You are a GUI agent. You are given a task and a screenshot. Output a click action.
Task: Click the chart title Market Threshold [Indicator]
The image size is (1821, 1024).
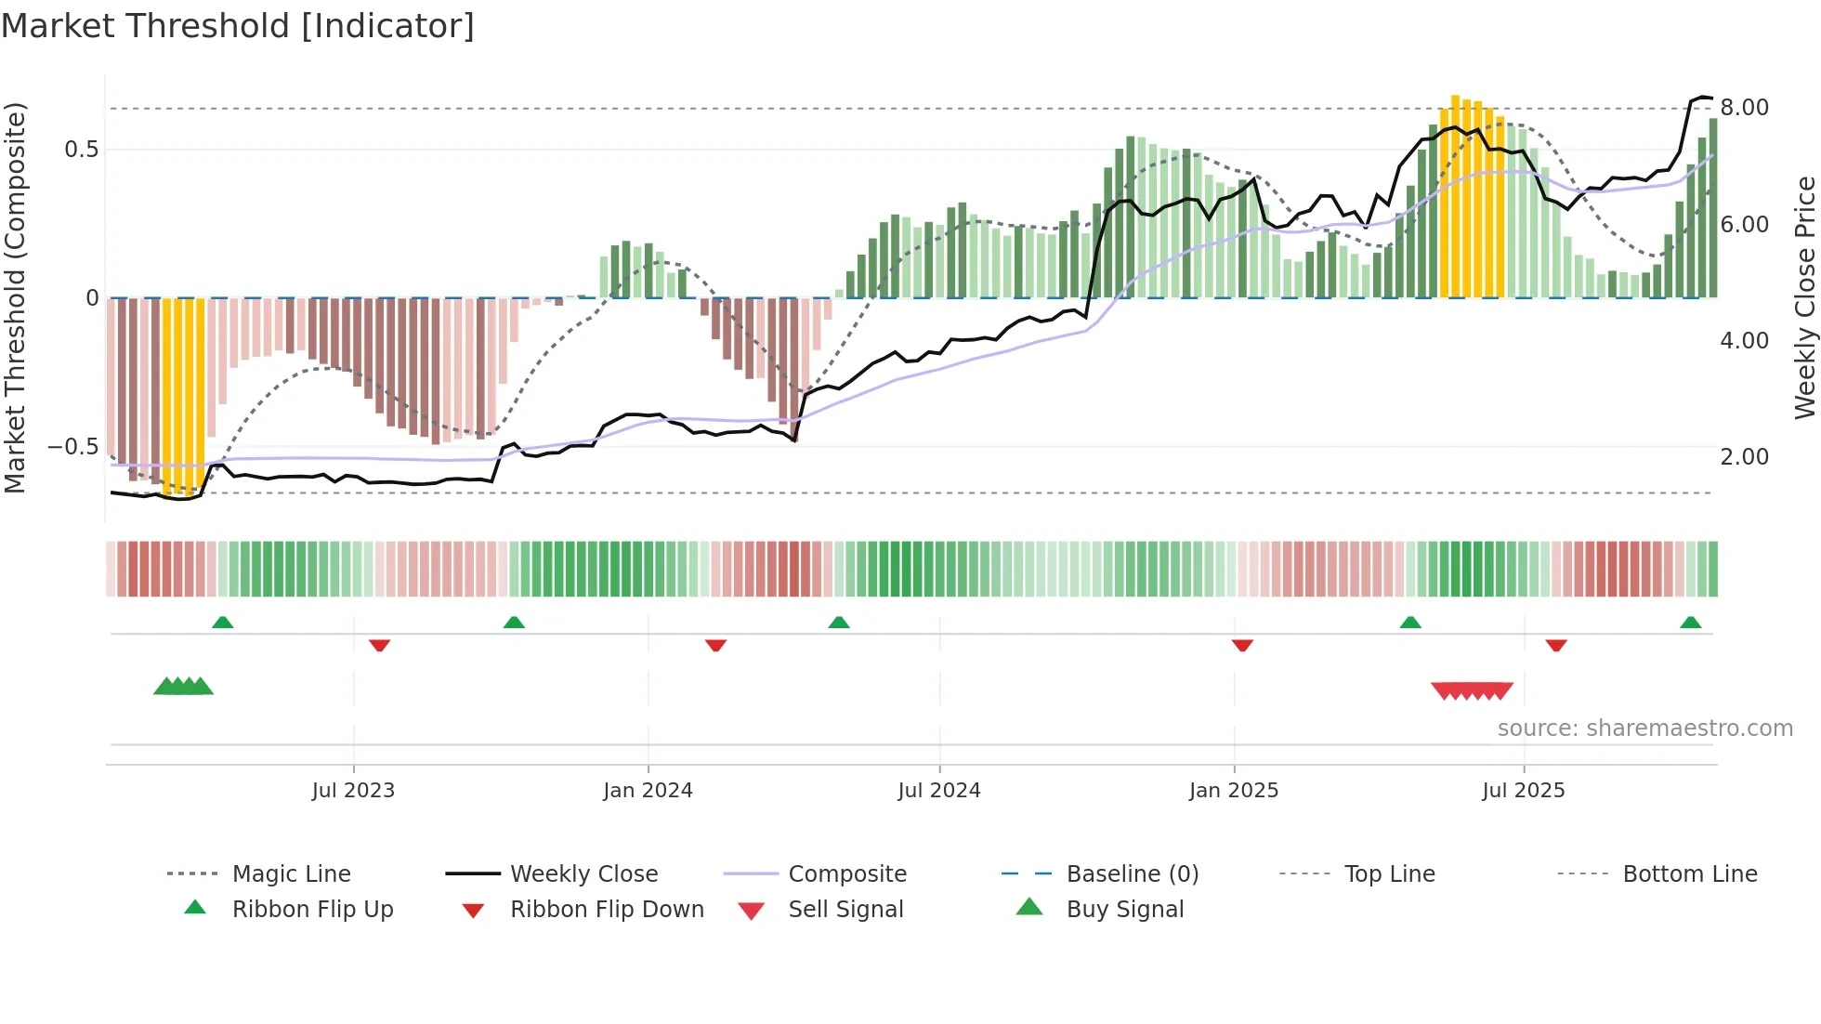tap(238, 26)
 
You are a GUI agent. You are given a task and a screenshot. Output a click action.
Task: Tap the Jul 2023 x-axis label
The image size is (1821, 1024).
tap(353, 791)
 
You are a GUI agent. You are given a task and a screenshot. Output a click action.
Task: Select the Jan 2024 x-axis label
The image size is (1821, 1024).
tap(648, 791)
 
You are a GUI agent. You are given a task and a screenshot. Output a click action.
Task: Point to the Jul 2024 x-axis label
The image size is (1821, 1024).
tap(938, 791)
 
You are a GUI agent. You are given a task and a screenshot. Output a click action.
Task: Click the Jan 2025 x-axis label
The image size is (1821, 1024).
tap(1233, 791)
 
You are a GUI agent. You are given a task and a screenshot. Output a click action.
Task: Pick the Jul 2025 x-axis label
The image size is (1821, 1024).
tap(1523, 791)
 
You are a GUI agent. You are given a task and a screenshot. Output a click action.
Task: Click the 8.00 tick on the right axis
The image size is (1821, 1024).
tap(1744, 108)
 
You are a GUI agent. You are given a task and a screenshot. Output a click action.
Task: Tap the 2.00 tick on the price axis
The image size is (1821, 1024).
tap(1744, 457)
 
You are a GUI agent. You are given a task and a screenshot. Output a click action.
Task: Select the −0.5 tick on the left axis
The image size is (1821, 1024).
tap(72, 447)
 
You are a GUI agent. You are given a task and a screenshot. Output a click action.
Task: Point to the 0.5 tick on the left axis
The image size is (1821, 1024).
tap(81, 150)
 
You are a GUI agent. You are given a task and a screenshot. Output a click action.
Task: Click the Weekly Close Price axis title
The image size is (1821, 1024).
tap(1804, 297)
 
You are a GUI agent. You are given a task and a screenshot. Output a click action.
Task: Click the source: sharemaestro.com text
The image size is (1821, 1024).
tap(1644, 729)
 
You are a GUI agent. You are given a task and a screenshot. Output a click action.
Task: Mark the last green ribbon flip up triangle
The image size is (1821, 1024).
tap(1690, 623)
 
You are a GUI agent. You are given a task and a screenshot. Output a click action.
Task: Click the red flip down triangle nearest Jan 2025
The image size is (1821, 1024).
tap(1242, 645)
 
